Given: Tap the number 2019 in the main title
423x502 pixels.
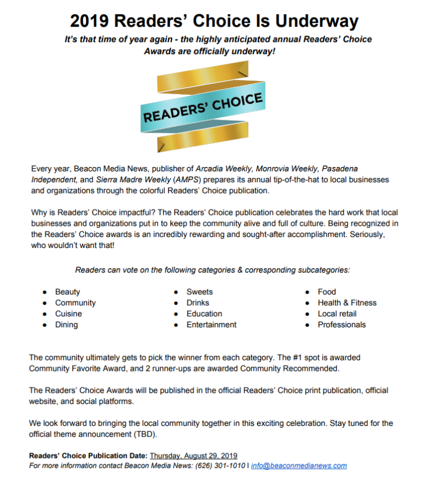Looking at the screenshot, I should (x=89, y=21).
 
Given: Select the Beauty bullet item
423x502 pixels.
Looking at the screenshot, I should (x=67, y=292).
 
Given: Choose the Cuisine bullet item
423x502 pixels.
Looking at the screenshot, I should (x=68, y=314).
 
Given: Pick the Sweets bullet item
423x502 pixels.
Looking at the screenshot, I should (x=199, y=292).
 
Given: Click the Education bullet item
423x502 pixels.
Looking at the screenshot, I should (x=204, y=314).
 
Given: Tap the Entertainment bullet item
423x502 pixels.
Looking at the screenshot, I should (x=211, y=325).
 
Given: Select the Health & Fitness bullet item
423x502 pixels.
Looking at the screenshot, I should (x=347, y=303).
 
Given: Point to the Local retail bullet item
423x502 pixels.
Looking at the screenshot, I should (x=337, y=314).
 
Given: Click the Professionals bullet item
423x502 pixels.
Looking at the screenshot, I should (x=341, y=325).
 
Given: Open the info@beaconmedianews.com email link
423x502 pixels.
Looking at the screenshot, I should (x=299, y=466).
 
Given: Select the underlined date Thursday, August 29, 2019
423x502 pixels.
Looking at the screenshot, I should (x=193, y=456).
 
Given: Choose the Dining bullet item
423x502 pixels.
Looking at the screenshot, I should (x=66, y=325).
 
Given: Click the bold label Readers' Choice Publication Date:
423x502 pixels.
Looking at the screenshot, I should (x=88, y=456).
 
